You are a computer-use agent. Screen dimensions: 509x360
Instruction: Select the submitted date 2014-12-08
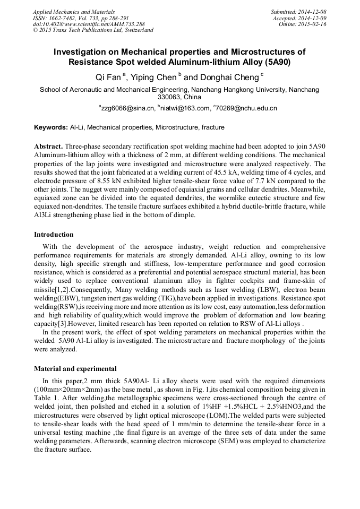313,11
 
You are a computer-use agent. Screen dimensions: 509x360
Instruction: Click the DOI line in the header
80,24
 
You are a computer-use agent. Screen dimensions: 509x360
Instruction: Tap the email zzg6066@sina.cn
129,108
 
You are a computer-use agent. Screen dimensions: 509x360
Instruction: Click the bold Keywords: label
51,127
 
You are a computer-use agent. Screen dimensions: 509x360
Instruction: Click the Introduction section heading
54,234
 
